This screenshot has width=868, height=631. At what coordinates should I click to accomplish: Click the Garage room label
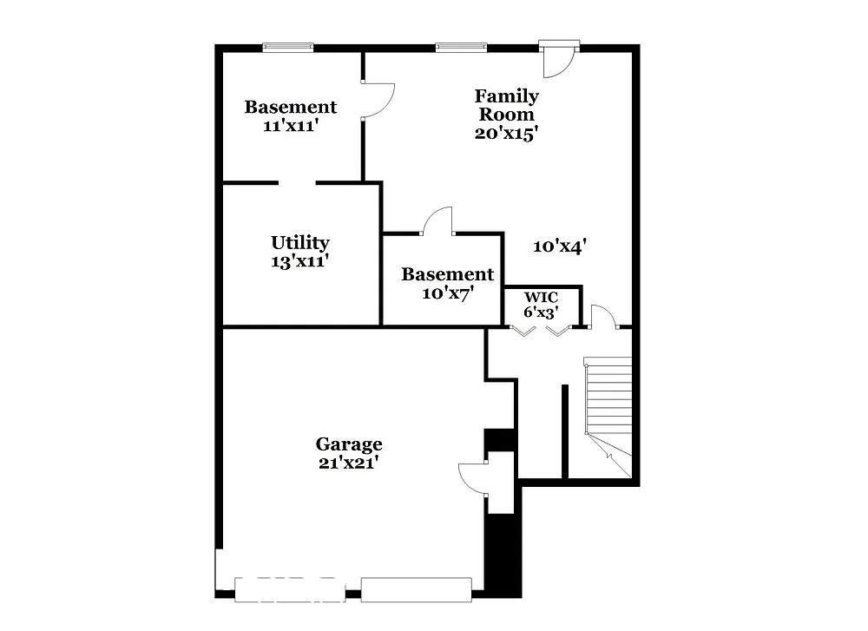pyautogui.click(x=348, y=444)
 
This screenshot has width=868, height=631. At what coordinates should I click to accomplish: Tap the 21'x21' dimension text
pyautogui.click(x=348, y=463)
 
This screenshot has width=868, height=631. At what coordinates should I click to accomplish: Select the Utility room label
pyautogui.click(x=299, y=243)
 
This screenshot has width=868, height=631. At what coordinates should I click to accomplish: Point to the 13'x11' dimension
pyautogui.click(x=299, y=260)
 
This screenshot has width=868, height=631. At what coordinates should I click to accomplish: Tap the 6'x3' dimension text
pyautogui.click(x=540, y=312)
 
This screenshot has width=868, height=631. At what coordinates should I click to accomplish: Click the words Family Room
pyautogui.click(x=506, y=105)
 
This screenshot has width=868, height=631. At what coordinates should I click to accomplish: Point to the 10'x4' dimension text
pyautogui.click(x=560, y=246)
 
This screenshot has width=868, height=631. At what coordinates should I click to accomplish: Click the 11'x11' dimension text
pyautogui.click(x=290, y=125)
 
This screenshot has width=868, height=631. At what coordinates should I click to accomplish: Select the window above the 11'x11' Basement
pyautogui.click(x=287, y=48)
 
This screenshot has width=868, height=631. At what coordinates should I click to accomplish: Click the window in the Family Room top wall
pyautogui.click(x=460, y=48)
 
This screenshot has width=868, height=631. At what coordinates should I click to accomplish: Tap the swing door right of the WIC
pyautogui.click(x=603, y=318)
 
